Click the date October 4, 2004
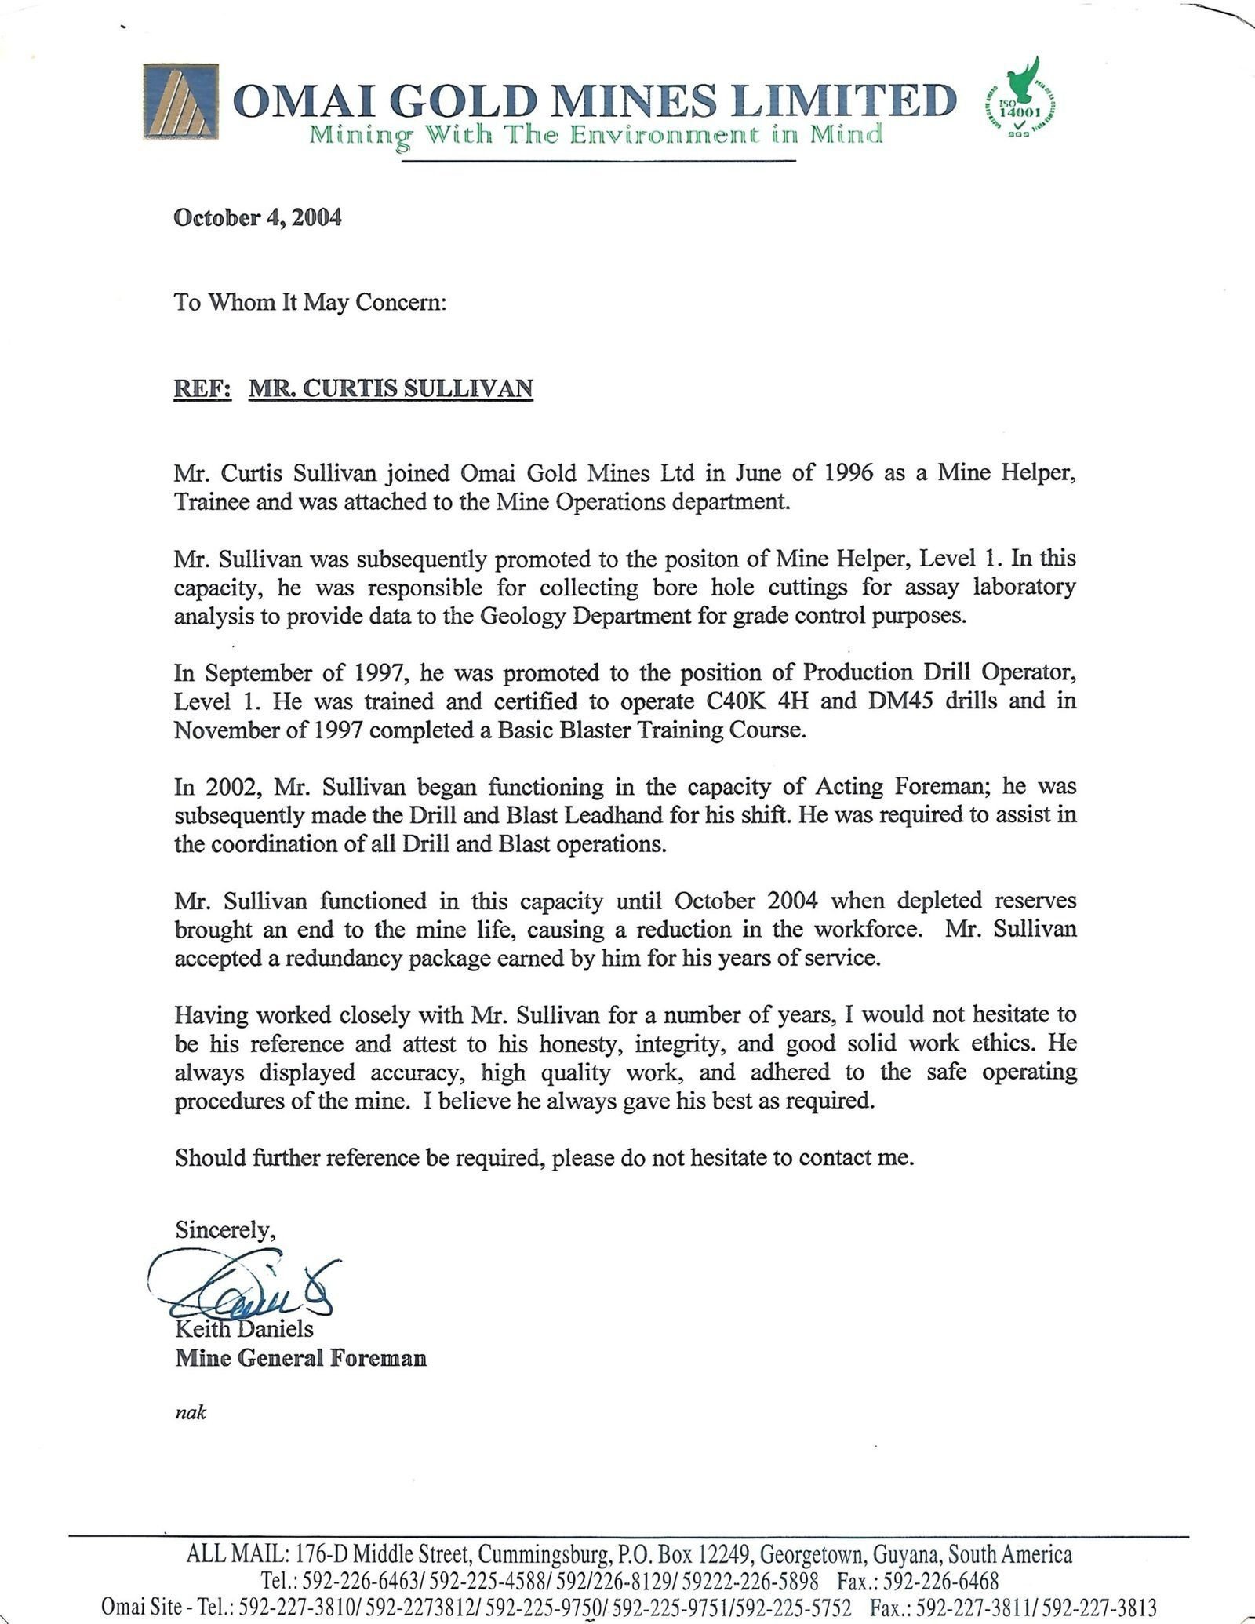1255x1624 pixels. tap(257, 217)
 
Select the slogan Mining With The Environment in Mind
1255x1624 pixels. tap(596, 134)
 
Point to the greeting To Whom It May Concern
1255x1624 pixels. tap(310, 303)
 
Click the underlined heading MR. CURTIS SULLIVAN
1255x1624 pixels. tap(391, 388)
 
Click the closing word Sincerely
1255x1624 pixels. tap(225, 1230)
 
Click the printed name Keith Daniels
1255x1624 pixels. tap(244, 1329)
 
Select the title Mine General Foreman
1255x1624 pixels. tap(300, 1358)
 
